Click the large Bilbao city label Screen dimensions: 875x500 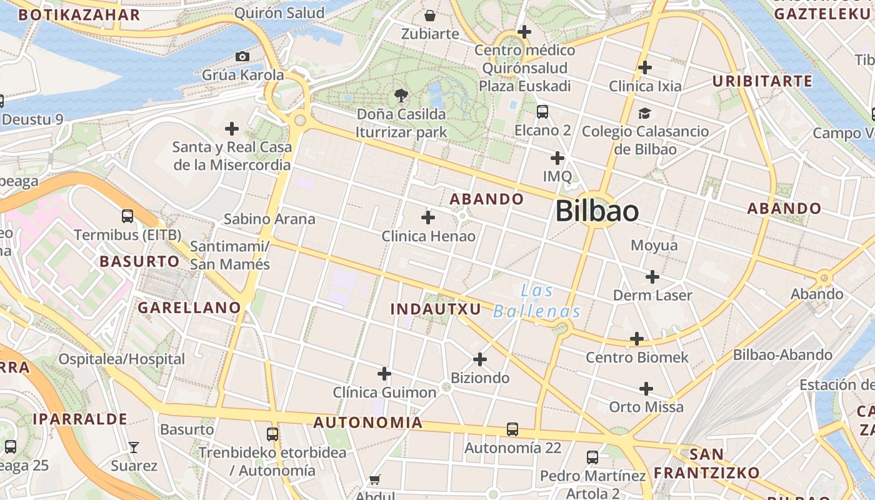tap(597, 211)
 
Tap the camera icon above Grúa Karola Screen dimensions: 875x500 tap(242, 57)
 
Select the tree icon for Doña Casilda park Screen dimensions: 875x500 tap(401, 96)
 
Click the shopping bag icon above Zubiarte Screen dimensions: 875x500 tap(430, 16)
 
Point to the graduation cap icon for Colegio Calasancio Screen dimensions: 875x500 tap(644, 113)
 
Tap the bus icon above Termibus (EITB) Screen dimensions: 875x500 tap(127, 216)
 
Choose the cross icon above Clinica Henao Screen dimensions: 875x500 tap(428, 217)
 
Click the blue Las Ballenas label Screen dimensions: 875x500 tap(537, 301)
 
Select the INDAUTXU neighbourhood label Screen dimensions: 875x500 tap(436, 309)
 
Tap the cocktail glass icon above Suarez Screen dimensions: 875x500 tap(134, 447)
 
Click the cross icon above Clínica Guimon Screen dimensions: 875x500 tap(384, 374)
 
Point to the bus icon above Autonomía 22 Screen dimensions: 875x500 tap(512, 429)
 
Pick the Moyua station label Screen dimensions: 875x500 tap(654, 245)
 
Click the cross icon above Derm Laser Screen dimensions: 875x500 tap(652, 276)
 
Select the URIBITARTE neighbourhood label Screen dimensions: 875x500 tap(762, 81)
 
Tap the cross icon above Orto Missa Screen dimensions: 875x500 tap(646, 389)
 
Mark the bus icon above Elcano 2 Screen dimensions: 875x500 tap(542, 112)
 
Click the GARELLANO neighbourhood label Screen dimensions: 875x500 tap(189, 307)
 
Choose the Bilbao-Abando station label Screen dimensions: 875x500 tap(782, 355)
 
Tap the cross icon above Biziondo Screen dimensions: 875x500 tap(480, 359)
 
